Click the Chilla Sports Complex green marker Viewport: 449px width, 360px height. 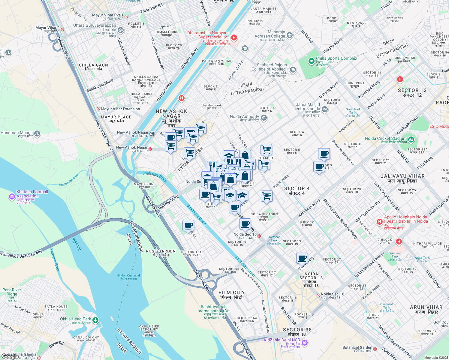pos(312,61)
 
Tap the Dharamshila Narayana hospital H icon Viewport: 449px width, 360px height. pos(234,38)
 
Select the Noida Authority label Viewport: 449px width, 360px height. pos(244,117)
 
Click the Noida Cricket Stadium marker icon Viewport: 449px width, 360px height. pos(411,139)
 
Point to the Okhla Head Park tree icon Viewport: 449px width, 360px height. pos(95,320)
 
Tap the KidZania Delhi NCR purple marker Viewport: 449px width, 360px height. pos(305,342)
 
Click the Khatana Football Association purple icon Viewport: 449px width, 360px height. pos(12,196)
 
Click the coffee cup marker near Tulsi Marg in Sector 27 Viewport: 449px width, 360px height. pos(302,258)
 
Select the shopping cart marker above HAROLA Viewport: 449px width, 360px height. pos(266,149)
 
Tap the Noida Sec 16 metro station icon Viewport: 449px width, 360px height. pos(259,236)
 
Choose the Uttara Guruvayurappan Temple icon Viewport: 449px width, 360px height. pos(120,30)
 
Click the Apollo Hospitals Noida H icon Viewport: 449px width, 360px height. pos(379,222)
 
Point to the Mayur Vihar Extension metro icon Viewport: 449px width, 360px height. pos(98,109)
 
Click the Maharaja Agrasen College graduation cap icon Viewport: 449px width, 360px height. pos(289,35)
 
